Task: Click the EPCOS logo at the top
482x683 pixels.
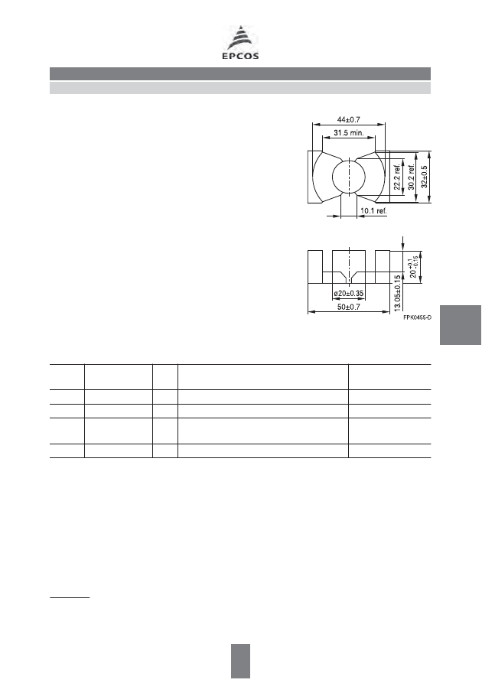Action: [x=240, y=42]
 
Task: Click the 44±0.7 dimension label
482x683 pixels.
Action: [x=349, y=120]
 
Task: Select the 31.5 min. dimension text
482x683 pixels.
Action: [x=349, y=133]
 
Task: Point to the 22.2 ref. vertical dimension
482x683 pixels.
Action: [x=397, y=177]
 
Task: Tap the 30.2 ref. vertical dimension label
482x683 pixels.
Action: [x=411, y=177]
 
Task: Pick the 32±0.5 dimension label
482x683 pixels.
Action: [x=425, y=177]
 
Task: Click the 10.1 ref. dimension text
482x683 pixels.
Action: [x=373, y=211]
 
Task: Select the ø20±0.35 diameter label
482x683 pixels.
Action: [x=349, y=294]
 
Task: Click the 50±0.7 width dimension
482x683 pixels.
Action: [x=349, y=307]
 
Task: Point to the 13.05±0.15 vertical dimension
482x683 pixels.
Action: [x=397, y=293]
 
